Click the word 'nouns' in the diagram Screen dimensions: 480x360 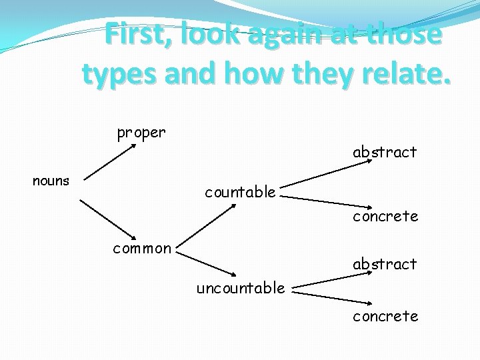click(51, 181)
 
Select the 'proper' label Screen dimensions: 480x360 click(141, 133)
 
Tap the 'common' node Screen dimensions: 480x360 click(142, 249)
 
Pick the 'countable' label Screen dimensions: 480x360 click(240, 193)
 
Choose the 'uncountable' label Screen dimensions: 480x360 click(240, 288)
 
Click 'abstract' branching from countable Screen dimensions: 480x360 click(385, 152)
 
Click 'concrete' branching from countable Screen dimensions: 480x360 click(385, 216)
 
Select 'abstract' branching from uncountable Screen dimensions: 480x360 click(385, 264)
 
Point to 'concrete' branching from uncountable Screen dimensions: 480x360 click(385, 316)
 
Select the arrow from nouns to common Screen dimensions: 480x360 click(108, 218)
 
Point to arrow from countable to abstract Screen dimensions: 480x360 click(324, 184)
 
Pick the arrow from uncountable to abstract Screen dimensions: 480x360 click(324, 281)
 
